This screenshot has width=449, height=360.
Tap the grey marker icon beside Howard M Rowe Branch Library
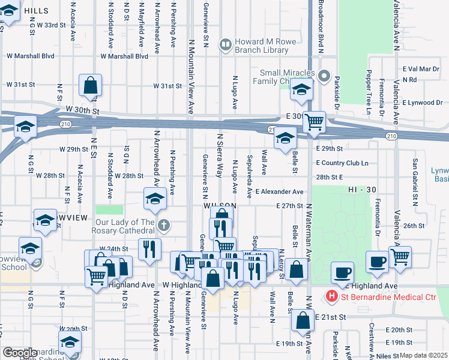226,43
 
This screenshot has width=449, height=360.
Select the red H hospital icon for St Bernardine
330,296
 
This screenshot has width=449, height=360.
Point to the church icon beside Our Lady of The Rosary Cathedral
165,226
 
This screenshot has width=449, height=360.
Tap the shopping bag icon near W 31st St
90,86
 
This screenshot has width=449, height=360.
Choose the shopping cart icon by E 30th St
313,122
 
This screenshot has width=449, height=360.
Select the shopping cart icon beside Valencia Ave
399,257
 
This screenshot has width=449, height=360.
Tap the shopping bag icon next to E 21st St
303,321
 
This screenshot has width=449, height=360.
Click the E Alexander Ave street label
279,192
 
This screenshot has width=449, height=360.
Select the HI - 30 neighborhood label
362,190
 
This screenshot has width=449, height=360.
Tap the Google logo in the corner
19,352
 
